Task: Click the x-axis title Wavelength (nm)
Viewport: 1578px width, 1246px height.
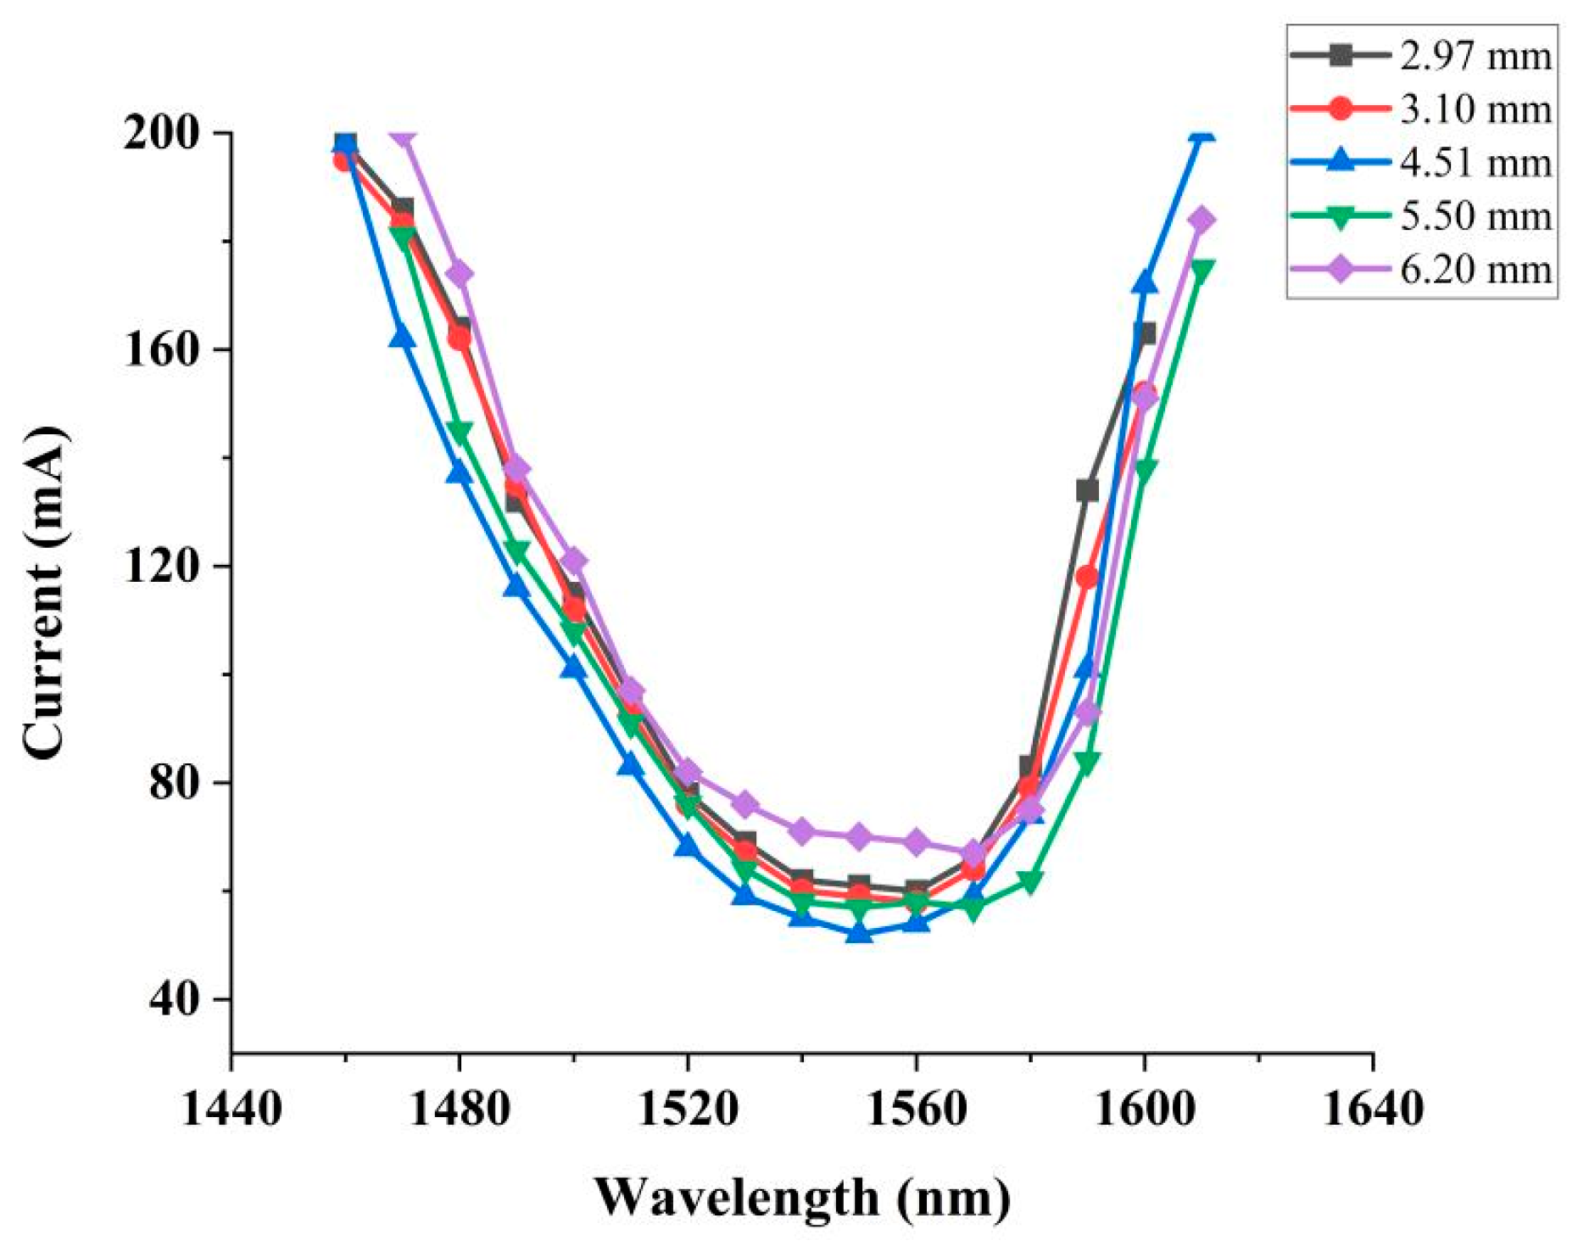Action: click(x=802, y=1197)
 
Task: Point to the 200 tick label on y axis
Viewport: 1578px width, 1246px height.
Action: click(x=166, y=134)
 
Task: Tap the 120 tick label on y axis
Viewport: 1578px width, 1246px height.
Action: click(x=166, y=567)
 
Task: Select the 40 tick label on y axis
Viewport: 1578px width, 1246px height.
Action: click(x=179, y=999)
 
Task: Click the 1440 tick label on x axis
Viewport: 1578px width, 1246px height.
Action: click(x=231, y=1109)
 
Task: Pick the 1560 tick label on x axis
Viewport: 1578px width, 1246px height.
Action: click(x=916, y=1109)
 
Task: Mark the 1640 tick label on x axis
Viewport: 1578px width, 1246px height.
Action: click(x=1372, y=1109)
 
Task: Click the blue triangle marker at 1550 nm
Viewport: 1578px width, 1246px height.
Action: click(x=859, y=933)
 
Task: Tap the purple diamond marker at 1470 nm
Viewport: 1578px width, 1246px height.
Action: click(x=402, y=136)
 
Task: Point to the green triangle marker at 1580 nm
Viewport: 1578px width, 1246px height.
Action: click(x=1029, y=882)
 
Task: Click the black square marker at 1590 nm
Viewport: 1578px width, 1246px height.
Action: click(x=1087, y=490)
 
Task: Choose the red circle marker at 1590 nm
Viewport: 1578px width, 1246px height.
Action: click(x=1087, y=578)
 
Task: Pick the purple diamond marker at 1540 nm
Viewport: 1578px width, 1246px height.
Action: click(x=801, y=831)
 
